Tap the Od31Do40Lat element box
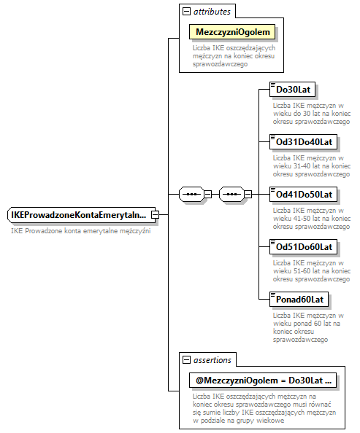click(x=304, y=141)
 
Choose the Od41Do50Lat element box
click(x=304, y=195)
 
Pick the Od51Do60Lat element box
click(x=304, y=247)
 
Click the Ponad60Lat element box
click(x=299, y=299)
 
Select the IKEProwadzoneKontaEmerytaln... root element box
click(x=78, y=215)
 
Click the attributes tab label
click(x=212, y=12)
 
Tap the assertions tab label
click(x=212, y=360)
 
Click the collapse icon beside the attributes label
click(x=187, y=12)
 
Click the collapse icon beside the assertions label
click(x=187, y=360)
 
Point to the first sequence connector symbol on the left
click(x=191, y=195)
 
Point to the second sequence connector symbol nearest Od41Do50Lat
click(x=231, y=195)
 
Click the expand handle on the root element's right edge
click(x=155, y=215)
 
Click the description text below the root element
click(x=80, y=231)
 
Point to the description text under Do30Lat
click(x=312, y=113)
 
